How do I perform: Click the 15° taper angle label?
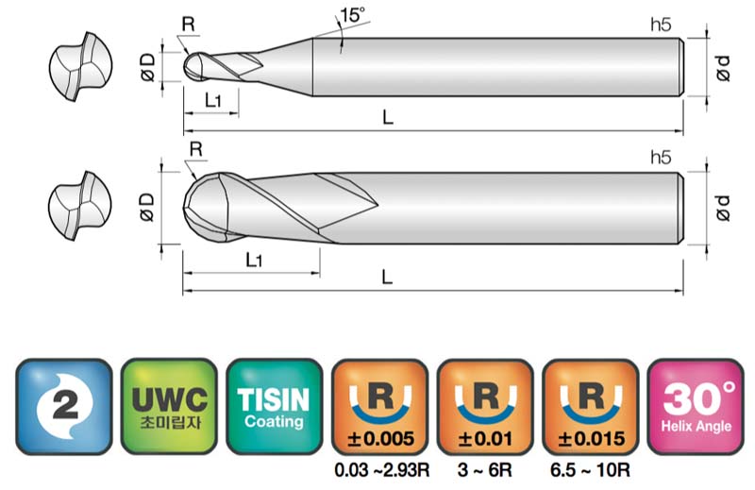352,15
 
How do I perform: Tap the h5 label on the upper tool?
661,25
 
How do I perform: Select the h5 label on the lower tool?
661,157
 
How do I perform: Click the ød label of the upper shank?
722,68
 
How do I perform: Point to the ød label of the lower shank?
722,208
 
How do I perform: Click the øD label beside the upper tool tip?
148,67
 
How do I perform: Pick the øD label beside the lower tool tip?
147,207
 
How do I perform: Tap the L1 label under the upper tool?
212,100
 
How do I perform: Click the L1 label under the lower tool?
254,261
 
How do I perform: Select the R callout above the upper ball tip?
189,25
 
